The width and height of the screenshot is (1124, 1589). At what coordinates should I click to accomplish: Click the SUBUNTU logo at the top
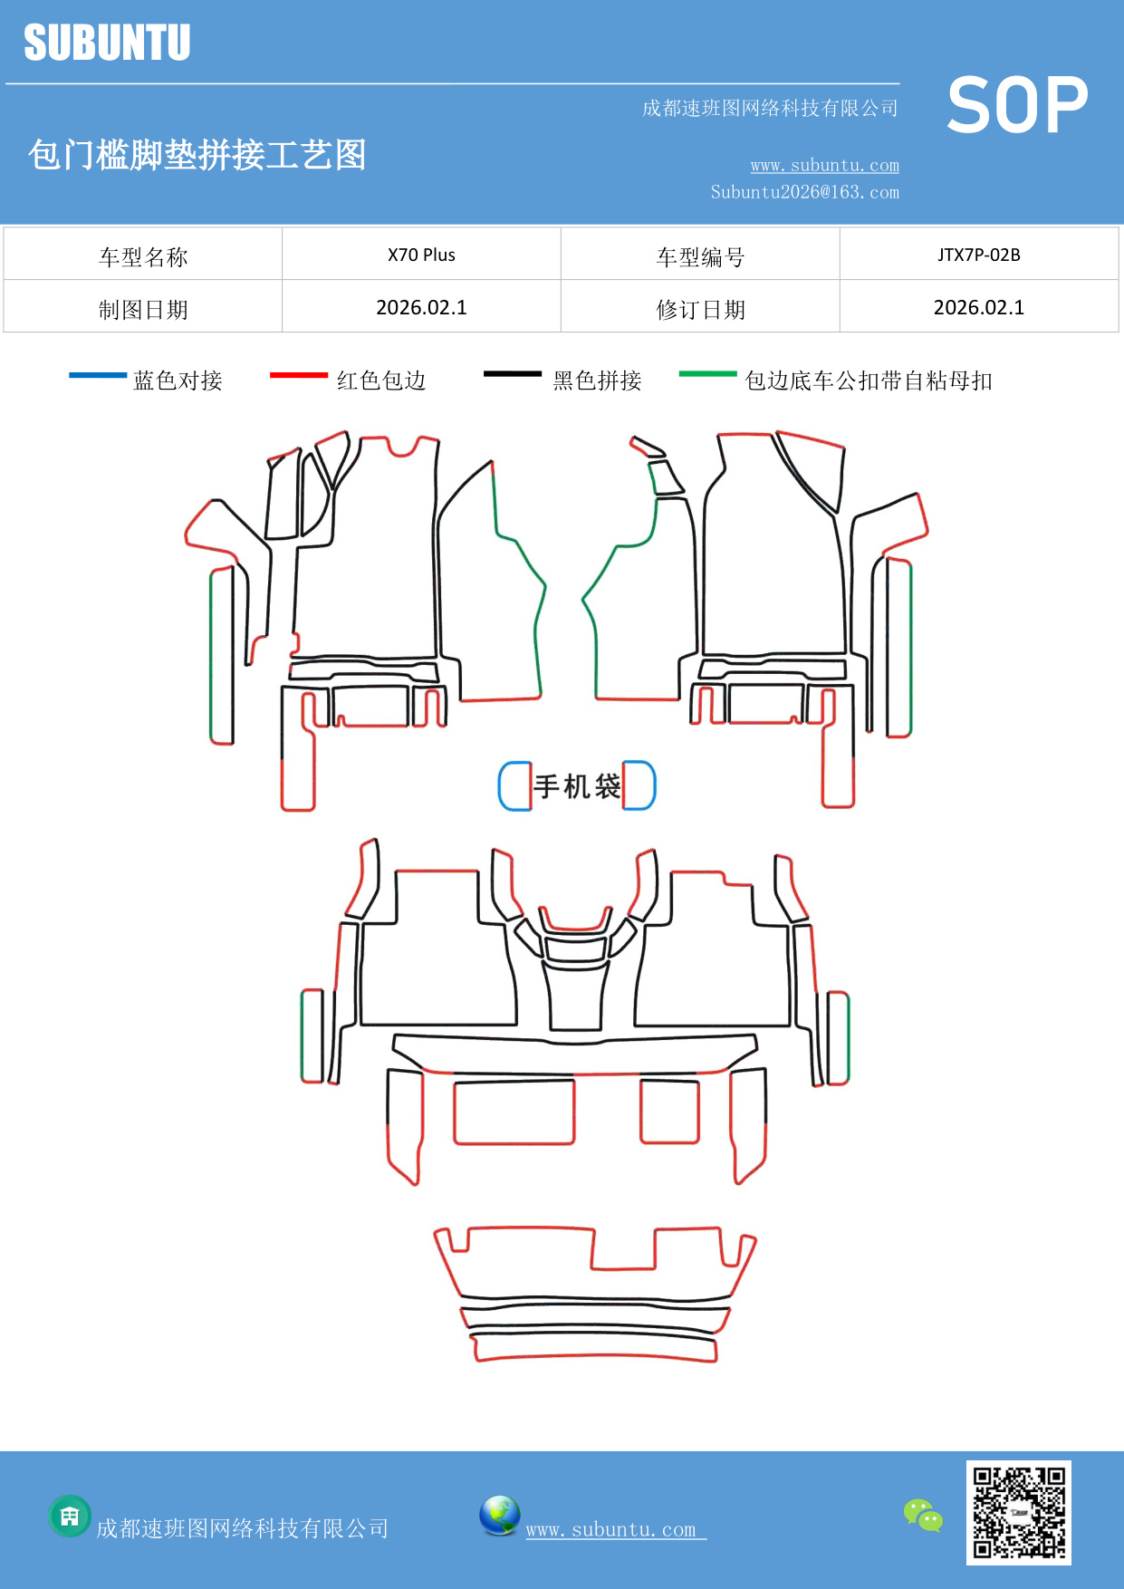(107, 43)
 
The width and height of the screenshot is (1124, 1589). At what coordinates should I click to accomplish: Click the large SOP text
(1017, 106)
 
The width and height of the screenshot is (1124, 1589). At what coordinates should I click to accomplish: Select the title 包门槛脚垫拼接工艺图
(197, 155)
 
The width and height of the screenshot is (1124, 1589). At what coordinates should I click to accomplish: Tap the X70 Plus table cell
(421, 255)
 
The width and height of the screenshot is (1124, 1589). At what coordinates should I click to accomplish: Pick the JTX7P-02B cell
(978, 255)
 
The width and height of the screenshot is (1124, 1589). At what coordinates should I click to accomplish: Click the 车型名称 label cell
(143, 256)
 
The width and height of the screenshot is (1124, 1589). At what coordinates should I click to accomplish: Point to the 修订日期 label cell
(700, 309)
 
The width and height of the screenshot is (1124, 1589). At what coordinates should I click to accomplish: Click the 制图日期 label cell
(143, 309)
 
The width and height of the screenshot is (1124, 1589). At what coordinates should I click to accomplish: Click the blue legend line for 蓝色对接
(98, 375)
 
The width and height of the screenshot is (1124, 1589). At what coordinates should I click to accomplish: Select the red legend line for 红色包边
(298, 375)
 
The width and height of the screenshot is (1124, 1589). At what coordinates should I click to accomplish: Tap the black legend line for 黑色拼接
(512, 374)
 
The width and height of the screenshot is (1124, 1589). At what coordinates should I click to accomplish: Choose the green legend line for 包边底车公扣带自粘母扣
(707, 373)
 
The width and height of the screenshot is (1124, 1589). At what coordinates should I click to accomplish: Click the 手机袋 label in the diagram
(577, 785)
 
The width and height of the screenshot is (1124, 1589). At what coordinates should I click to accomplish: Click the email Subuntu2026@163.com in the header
(804, 192)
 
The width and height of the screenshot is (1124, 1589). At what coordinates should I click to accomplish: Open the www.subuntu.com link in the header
(824, 165)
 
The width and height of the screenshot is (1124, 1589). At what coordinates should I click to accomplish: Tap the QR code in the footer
(1018, 1512)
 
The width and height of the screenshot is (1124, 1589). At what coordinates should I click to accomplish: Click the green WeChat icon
(923, 1516)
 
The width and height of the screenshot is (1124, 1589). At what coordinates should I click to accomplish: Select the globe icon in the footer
(499, 1516)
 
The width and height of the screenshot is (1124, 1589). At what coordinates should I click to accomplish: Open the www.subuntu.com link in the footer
(611, 1529)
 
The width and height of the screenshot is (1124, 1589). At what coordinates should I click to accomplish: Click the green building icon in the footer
(70, 1516)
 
